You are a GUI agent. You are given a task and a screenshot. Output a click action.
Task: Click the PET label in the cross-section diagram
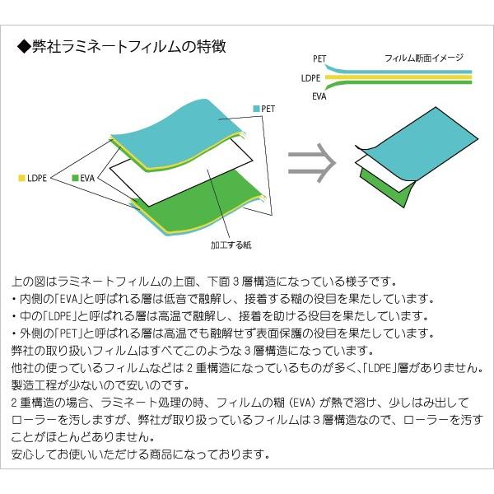tap(319, 58)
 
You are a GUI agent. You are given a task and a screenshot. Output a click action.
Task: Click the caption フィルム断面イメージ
tap(423, 58)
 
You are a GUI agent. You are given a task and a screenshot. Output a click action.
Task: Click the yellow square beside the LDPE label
tap(21, 177)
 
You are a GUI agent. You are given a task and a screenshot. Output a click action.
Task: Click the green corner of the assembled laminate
tap(379, 188)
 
